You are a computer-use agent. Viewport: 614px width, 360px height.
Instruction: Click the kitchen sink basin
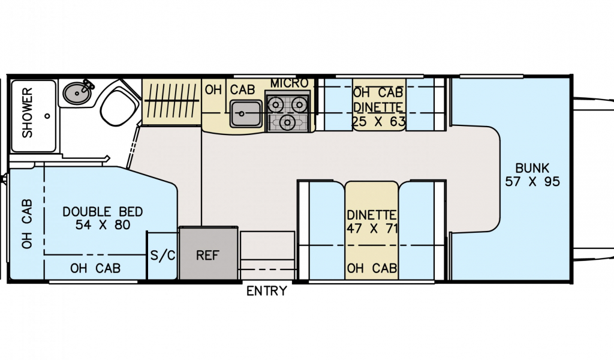246,113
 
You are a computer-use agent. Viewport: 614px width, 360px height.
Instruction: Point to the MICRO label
289,83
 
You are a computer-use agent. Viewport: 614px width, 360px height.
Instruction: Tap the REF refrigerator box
209,254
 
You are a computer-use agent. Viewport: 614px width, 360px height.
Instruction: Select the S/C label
162,255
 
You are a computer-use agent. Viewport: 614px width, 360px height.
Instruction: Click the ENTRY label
267,292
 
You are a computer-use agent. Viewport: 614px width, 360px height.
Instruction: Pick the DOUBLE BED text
103,212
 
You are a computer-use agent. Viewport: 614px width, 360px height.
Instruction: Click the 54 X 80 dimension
103,225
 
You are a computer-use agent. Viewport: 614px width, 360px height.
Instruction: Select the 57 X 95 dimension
532,181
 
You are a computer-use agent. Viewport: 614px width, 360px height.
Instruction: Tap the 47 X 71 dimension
372,228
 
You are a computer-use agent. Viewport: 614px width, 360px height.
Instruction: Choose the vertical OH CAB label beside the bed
27,223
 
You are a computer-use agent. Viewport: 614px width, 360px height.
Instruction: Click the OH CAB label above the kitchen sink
230,90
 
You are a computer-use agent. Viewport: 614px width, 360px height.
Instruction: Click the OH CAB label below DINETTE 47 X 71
372,269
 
